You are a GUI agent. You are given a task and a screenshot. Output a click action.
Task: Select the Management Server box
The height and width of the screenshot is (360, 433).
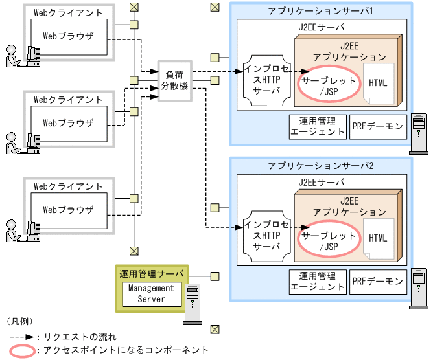click(x=151, y=293)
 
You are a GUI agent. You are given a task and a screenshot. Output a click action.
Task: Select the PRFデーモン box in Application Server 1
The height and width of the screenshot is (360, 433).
click(x=377, y=126)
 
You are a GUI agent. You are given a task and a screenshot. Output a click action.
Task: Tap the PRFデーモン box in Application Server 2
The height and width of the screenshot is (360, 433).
click(x=377, y=281)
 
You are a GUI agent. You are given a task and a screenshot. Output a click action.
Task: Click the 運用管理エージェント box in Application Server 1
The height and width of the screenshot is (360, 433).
click(x=318, y=126)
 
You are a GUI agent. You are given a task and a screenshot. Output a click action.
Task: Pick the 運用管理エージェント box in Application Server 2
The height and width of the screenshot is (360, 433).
click(x=318, y=281)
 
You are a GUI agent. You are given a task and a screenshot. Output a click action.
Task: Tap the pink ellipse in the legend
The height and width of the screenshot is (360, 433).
click(x=22, y=350)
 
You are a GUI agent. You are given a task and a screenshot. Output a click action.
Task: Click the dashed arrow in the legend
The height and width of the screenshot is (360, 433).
click(x=22, y=337)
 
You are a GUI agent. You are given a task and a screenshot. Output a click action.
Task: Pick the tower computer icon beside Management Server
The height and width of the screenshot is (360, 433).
click(x=193, y=303)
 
